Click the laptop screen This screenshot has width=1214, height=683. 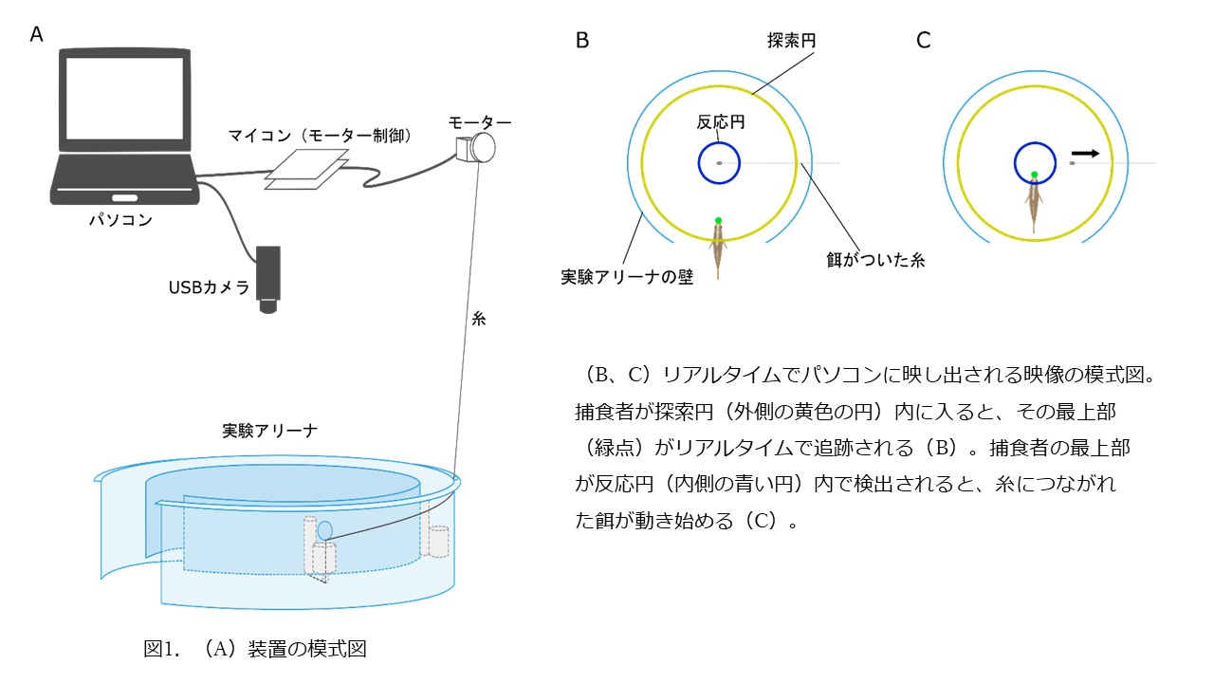[124, 99]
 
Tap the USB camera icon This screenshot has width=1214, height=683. [268, 280]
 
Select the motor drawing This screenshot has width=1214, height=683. [476, 147]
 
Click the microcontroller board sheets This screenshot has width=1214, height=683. [306, 169]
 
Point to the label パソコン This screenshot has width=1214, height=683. [120, 219]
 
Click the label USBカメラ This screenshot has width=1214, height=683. [210, 287]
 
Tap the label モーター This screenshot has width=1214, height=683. [480, 122]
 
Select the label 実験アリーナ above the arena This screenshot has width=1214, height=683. [270, 431]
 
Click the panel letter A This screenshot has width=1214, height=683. [36, 34]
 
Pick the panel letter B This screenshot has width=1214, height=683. [582, 40]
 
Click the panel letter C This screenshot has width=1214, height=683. [924, 40]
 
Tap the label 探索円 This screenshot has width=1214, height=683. [792, 40]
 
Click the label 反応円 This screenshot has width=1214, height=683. [721, 122]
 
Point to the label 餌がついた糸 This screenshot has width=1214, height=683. [875, 260]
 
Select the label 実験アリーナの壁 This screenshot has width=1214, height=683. [627, 277]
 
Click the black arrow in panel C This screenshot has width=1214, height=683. [1086, 154]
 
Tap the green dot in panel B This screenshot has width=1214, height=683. [718, 220]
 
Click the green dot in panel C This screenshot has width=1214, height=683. [1034, 175]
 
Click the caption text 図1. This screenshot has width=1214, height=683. [161, 648]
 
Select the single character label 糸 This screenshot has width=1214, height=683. [479, 319]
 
